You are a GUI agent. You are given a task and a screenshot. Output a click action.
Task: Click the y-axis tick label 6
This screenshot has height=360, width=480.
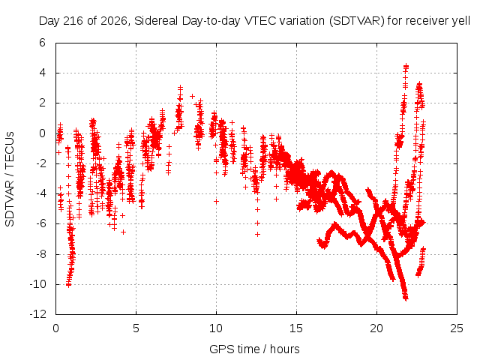(x=42, y=43)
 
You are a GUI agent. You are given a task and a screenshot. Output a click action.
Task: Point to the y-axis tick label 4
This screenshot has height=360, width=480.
(x=42, y=73)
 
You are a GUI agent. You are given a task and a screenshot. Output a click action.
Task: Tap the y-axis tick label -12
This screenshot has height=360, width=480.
(x=38, y=314)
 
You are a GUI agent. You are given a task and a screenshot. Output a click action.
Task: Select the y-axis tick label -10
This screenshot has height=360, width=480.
(x=38, y=284)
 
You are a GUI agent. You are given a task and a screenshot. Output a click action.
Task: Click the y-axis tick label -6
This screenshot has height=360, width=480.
(x=40, y=223)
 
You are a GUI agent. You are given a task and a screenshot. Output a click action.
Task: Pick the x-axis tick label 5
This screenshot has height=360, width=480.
(x=136, y=328)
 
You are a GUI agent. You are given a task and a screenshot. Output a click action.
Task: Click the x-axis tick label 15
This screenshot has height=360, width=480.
(x=296, y=328)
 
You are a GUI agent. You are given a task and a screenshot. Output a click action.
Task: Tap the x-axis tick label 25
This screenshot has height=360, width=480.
(x=457, y=328)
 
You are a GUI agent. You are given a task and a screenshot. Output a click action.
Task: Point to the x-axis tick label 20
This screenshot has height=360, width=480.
(x=376, y=328)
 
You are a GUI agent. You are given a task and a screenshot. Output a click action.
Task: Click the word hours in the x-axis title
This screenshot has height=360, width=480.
(x=285, y=349)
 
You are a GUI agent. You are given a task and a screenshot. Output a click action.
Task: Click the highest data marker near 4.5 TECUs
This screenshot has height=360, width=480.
(x=406, y=66)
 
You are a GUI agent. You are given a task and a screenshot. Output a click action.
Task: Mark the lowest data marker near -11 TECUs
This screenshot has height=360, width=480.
(x=406, y=298)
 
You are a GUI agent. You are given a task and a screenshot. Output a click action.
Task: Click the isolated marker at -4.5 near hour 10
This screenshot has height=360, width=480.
(x=216, y=201)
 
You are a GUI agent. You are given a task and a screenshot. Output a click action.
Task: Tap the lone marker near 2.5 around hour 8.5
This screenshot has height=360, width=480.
(x=192, y=97)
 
